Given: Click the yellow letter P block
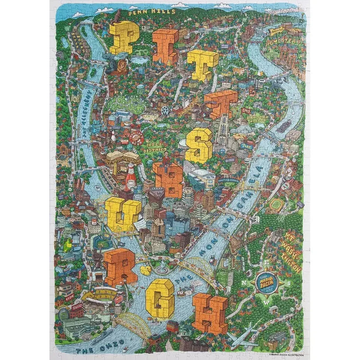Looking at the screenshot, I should [123, 39].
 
